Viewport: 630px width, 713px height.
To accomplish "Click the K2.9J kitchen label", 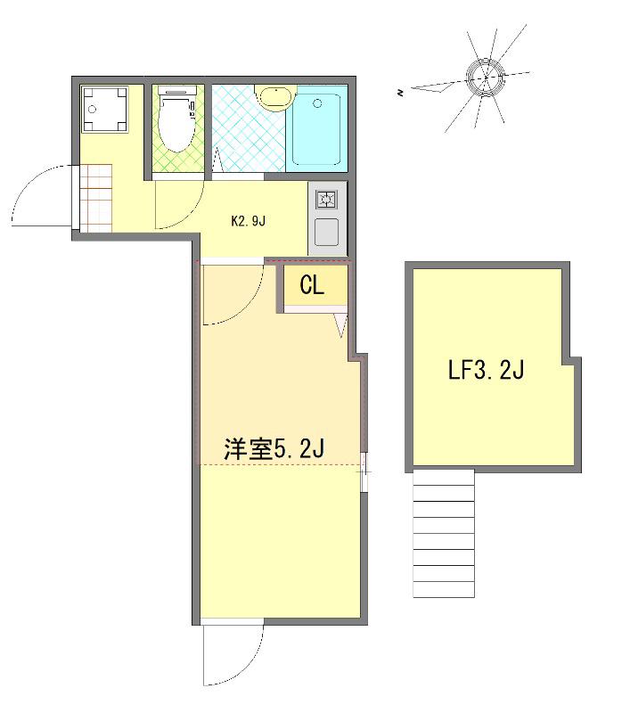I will (x=249, y=221).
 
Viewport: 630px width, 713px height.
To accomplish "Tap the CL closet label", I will (x=311, y=285).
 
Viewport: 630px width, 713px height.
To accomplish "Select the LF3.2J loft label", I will (x=485, y=370).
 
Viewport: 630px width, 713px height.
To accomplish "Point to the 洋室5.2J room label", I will (x=273, y=448).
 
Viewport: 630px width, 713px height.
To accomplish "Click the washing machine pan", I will (x=104, y=110).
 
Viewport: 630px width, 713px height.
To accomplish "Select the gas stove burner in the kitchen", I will (x=325, y=201).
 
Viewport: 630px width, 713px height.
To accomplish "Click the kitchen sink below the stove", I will (x=325, y=232).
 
